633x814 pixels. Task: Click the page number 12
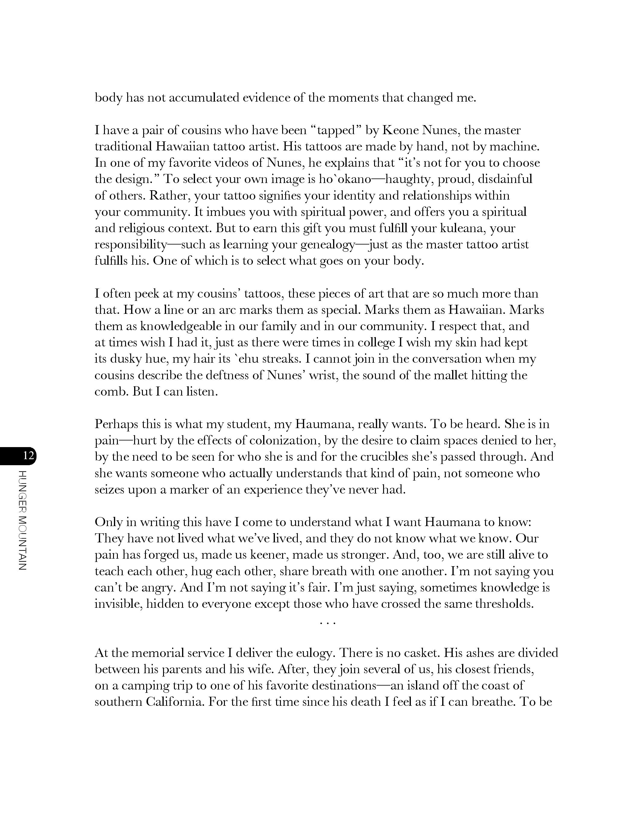(x=29, y=456)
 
